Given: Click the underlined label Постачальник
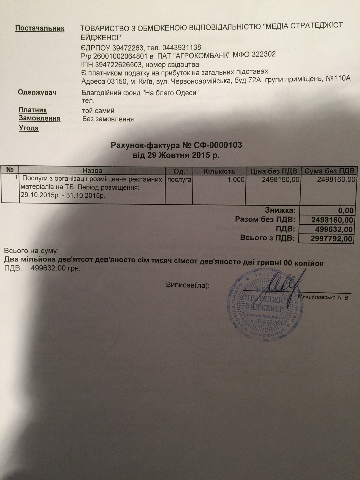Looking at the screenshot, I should click(40, 28).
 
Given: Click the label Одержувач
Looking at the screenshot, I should click(37, 92).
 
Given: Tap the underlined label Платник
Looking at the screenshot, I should click(33, 110).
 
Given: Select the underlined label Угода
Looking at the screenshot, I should click(29, 128).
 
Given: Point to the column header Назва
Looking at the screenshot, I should click(92, 171).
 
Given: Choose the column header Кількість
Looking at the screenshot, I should click(219, 171).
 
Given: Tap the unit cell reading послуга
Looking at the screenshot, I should click(179, 179).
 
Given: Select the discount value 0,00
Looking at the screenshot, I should click(346, 211).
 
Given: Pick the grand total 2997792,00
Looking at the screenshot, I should click(331, 239).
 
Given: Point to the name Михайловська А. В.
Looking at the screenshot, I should click(324, 298).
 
